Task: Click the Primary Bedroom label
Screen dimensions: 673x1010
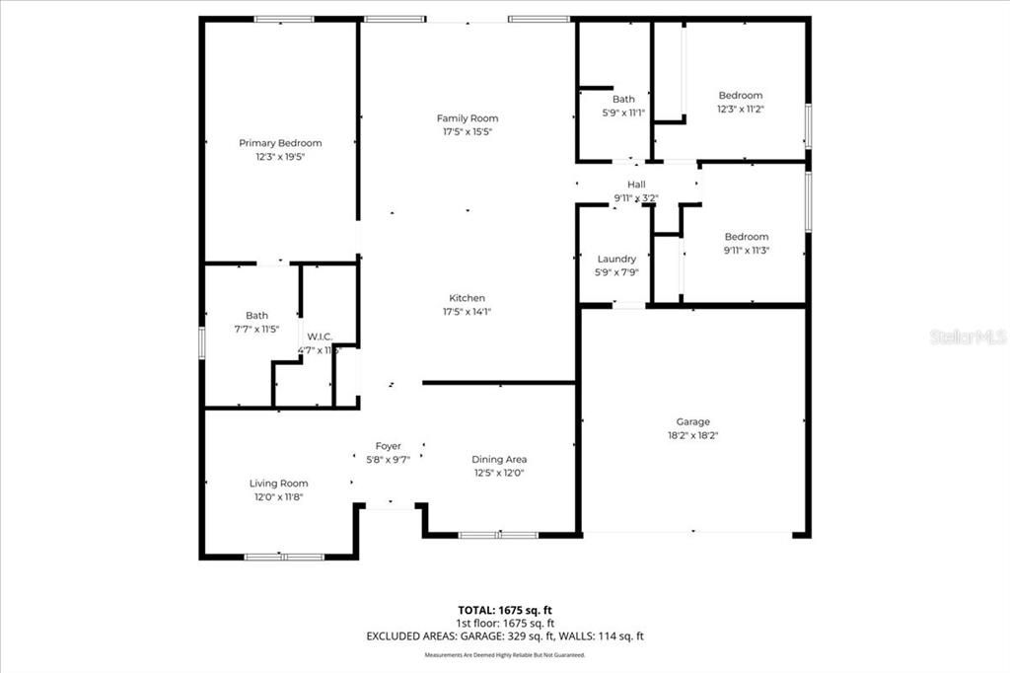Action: click(280, 143)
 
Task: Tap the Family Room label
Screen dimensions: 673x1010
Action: click(468, 118)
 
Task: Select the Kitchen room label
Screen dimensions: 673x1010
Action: click(468, 298)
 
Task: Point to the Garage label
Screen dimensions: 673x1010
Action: click(692, 422)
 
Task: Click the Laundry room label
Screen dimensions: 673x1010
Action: click(616, 260)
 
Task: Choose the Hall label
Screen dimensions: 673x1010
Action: click(636, 185)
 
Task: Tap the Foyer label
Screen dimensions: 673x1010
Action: click(388, 446)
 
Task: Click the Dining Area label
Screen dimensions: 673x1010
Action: click(499, 459)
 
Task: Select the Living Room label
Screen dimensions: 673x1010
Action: click(278, 484)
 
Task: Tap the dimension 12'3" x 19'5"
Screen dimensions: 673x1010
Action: click(280, 156)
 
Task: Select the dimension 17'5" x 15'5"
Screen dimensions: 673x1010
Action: click(468, 131)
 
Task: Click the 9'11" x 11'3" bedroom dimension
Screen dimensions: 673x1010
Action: click(746, 250)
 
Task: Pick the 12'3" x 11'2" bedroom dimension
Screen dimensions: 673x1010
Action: click(740, 109)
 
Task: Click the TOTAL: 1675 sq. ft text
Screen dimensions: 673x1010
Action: click(504, 610)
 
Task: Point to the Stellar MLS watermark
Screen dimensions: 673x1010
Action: click(968, 336)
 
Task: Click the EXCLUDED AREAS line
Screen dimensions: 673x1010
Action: click(504, 636)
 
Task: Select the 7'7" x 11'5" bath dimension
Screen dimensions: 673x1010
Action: click(256, 329)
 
